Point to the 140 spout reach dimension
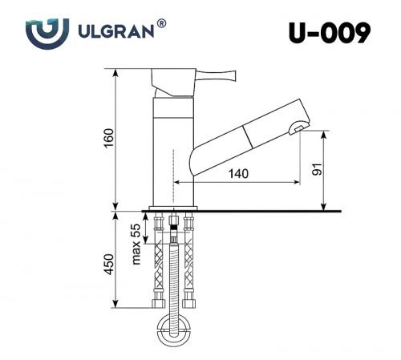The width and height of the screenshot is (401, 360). [237, 173]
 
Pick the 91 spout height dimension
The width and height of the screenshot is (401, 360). [316, 170]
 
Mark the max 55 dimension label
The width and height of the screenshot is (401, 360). [136, 245]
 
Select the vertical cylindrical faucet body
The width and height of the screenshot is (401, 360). [172, 152]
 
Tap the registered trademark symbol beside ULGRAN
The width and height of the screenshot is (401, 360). [162, 25]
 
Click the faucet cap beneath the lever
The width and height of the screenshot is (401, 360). [173, 84]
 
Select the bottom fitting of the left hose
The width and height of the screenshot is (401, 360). [158, 304]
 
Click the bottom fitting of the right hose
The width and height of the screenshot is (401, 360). [189, 304]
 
